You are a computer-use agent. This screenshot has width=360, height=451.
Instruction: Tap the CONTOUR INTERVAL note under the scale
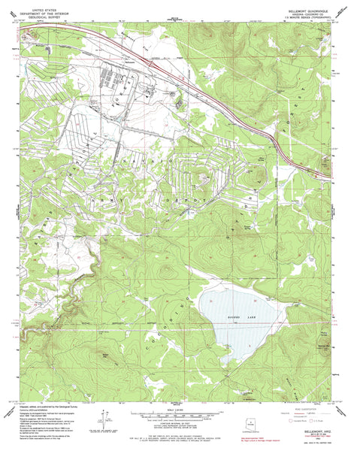coord(179,421)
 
